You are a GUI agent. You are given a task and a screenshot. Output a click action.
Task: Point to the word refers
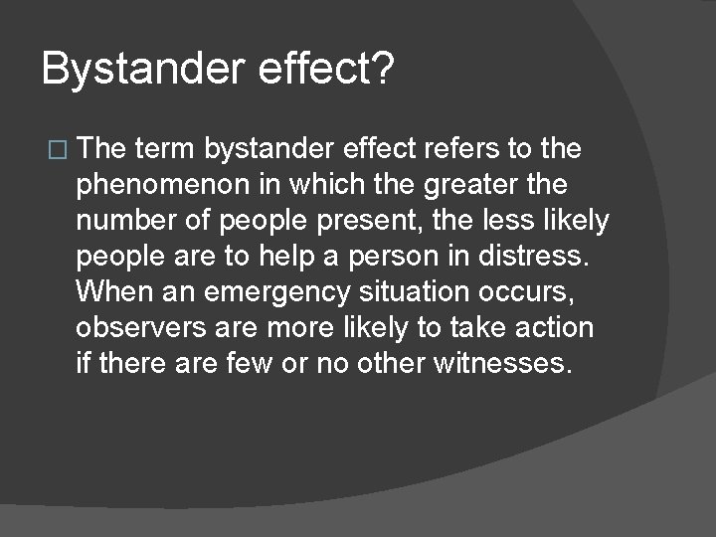pyautogui.click(x=456, y=149)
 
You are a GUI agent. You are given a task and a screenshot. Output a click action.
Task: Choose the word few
pyautogui.click(x=254, y=363)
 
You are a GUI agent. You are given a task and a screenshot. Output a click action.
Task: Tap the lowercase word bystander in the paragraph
pyautogui.click(x=269, y=149)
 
